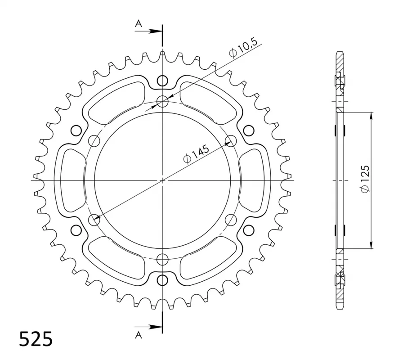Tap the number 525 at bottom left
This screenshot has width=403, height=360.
(36, 339)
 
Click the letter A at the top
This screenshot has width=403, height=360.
(139, 24)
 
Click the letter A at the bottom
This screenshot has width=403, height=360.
(139, 335)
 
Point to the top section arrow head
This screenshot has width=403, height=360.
(156, 31)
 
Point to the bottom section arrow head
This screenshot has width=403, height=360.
(156, 327)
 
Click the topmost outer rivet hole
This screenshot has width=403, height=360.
(162, 81)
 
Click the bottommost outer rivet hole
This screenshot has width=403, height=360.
(162, 280)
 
